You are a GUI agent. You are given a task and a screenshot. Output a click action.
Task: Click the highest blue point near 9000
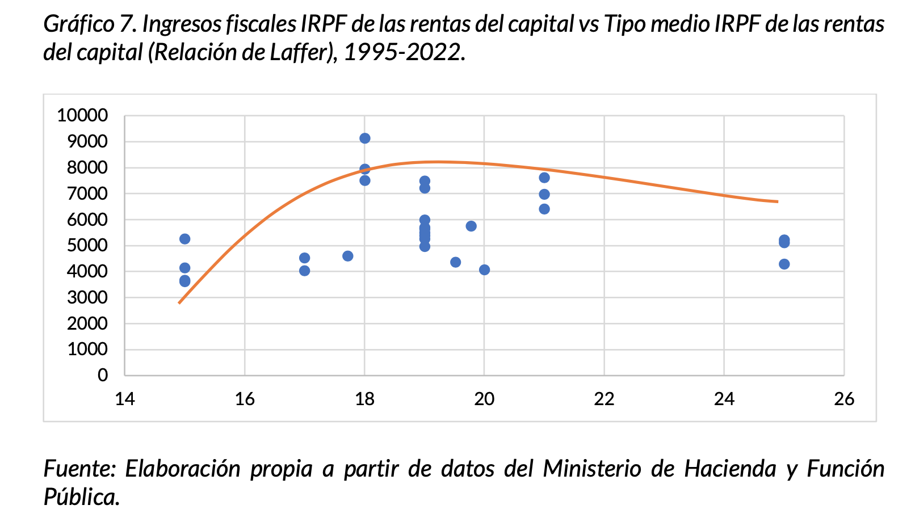pyautogui.click(x=365, y=138)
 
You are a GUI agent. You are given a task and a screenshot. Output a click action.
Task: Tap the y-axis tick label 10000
pyautogui.click(x=82, y=116)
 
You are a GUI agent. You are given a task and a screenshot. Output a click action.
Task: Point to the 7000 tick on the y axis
pyautogui.click(x=87, y=193)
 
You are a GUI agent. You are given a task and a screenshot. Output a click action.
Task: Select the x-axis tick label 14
pyautogui.click(x=125, y=399)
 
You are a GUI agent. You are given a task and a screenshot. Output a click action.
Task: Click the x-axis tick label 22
pyautogui.click(x=604, y=399)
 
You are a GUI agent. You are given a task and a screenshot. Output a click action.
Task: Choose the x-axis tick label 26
pyautogui.click(x=843, y=399)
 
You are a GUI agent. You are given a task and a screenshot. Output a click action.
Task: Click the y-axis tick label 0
pyautogui.click(x=103, y=375)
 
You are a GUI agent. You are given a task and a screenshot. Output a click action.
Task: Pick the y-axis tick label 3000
pyautogui.click(x=87, y=297)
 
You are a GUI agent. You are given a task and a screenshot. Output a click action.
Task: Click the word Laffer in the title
pyautogui.click(x=299, y=53)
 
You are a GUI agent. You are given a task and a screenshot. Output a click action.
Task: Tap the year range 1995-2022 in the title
pyautogui.click(x=404, y=53)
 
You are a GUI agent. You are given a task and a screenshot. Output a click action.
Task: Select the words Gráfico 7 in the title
pyautogui.click(x=89, y=24)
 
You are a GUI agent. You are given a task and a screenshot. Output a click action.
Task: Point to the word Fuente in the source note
pyautogui.click(x=79, y=469)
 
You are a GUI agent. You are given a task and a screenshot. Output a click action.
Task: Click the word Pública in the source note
pyautogui.click(x=81, y=497)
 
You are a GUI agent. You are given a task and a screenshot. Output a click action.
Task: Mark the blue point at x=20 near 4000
pyautogui.click(x=484, y=270)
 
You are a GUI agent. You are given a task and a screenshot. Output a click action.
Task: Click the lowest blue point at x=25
pyautogui.click(x=784, y=264)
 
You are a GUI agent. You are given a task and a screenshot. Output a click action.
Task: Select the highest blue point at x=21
pyautogui.click(x=544, y=178)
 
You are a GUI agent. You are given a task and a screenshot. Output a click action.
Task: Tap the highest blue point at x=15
pyautogui.click(x=184, y=239)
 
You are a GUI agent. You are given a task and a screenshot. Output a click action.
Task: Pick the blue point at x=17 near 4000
pyautogui.click(x=304, y=271)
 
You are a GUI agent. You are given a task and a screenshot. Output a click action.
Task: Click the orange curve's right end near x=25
pyautogui.click(x=777, y=201)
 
